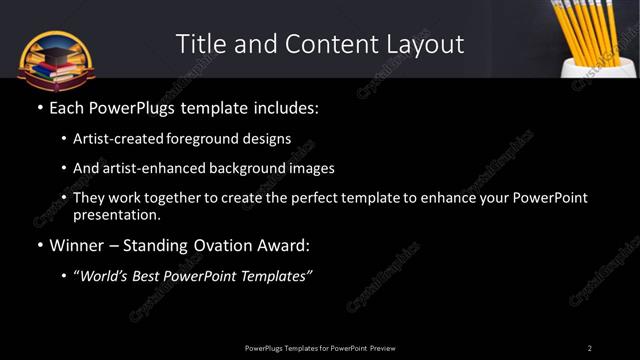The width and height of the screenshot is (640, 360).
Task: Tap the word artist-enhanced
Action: click(x=141, y=169)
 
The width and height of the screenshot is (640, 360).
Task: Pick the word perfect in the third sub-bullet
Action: click(x=316, y=198)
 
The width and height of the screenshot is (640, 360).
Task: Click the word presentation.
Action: click(x=116, y=214)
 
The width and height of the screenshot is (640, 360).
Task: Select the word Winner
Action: click(x=75, y=245)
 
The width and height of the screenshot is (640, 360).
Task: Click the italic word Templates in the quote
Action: click(x=275, y=277)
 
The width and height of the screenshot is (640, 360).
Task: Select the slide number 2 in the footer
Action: click(x=589, y=348)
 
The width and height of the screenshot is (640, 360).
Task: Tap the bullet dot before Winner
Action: click(x=39, y=245)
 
